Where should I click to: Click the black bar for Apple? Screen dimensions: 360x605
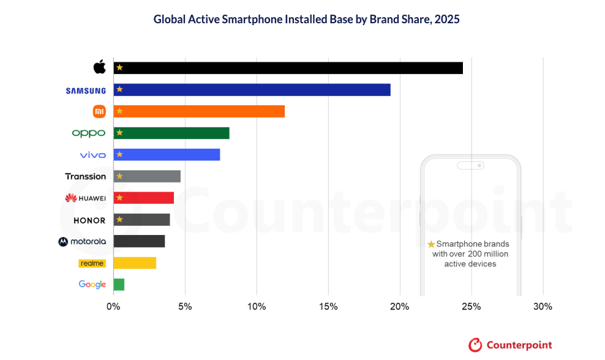pos(288,67)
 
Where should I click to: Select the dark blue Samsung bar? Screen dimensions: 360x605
pos(252,89)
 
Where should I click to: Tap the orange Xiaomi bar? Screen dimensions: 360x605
pos(199,111)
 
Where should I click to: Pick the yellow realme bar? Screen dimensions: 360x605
pos(135,263)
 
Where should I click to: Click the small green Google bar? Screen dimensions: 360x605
pos(119,284)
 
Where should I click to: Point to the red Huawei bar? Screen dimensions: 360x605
pos(144,198)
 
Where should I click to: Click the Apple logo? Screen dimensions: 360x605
pos(99,67)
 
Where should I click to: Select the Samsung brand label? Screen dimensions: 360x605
pos(86,91)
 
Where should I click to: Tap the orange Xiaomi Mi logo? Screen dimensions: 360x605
pos(99,111)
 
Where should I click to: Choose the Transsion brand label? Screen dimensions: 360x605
pos(86,176)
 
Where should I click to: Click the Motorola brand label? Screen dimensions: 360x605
pos(82,241)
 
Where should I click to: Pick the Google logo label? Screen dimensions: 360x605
pos(92,285)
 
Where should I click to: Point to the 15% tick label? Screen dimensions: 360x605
pos(328,306)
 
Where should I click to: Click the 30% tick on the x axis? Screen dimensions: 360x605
pos(543,306)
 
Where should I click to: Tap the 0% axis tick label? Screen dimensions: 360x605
pos(113,306)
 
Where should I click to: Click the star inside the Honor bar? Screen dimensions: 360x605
pos(119,219)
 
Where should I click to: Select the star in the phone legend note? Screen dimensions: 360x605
pos(431,244)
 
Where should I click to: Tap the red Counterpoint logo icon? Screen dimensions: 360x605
pos(475,345)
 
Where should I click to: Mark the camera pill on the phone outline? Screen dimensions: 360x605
pos(470,165)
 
